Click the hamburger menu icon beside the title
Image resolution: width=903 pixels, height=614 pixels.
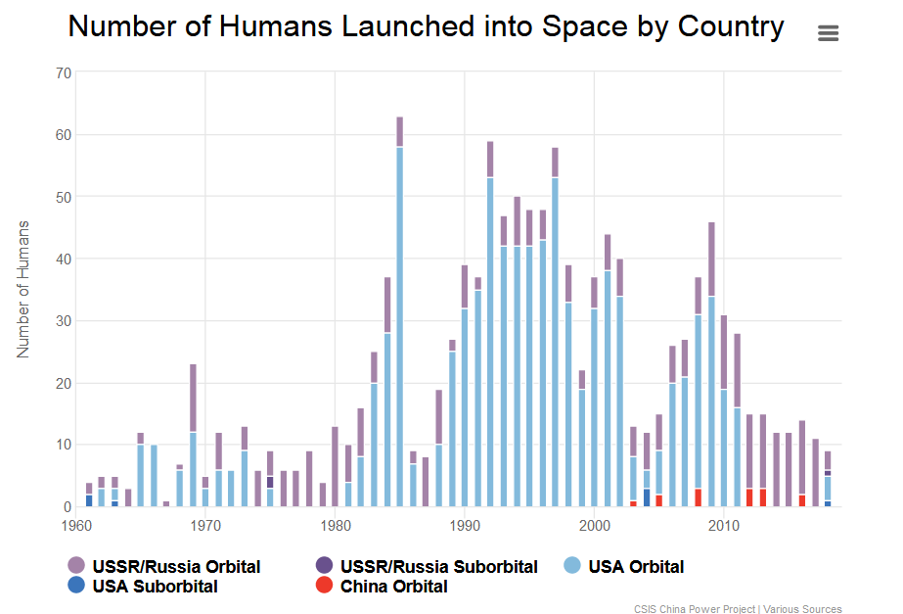coord(828,33)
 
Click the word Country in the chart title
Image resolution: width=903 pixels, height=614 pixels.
coord(724,27)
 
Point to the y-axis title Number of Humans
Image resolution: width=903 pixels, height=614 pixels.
coord(24,289)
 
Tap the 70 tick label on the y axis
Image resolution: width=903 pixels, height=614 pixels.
coord(64,72)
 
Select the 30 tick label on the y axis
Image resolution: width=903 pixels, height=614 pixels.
coord(64,321)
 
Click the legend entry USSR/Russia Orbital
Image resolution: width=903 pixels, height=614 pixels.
coord(176,566)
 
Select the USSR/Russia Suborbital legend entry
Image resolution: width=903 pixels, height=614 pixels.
coord(438,566)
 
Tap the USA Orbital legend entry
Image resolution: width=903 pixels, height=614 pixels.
coord(635,566)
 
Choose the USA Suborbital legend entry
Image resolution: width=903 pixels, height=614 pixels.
coord(155,587)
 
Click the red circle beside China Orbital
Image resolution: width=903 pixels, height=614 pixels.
coord(323,587)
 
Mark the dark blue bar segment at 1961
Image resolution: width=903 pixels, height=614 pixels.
coord(89,500)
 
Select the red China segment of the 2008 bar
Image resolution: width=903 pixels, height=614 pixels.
coord(698,497)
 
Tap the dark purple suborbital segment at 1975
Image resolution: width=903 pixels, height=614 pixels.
coord(270,482)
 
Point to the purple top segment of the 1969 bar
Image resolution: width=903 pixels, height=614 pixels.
coord(193,398)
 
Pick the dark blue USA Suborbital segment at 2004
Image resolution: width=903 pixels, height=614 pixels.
coord(647,497)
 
